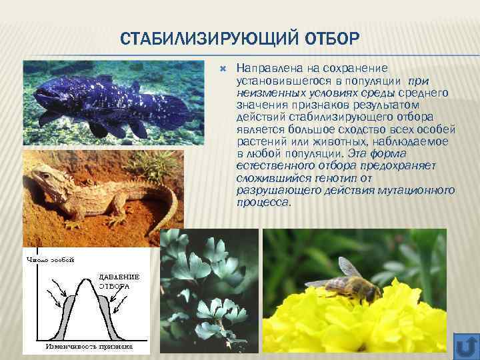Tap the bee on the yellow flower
click(353, 281)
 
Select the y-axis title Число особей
click(49, 259)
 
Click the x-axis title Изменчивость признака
click(89, 347)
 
